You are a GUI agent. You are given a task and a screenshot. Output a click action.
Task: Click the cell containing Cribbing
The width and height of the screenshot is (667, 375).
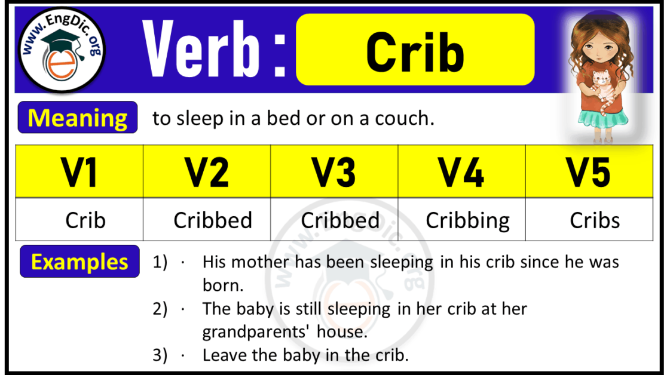[467, 220]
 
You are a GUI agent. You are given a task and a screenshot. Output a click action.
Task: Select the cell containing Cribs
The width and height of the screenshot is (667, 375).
[595, 220]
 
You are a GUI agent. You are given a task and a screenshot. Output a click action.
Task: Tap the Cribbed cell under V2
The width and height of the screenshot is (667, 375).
[213, 220]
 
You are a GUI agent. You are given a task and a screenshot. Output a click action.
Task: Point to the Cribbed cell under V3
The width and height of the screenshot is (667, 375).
[340, 220]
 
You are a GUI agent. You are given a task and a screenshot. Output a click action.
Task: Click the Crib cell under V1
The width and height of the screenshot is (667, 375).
[85, 220]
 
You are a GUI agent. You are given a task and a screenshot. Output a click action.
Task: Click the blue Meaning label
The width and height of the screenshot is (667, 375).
[78, 118]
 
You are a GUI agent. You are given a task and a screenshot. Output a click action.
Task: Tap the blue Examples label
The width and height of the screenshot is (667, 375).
[79, 262]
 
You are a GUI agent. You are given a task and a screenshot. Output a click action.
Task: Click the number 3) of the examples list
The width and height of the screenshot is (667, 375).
[160, 355]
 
